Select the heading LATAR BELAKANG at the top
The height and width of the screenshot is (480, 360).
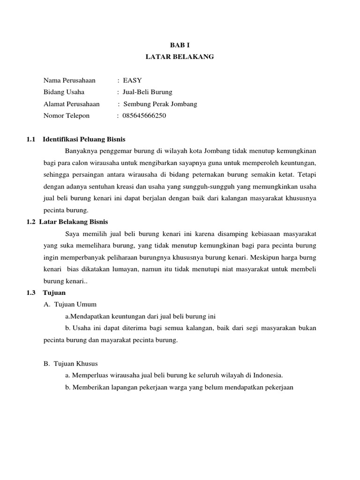pos(180,57)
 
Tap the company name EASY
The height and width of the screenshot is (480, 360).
pos(132,80)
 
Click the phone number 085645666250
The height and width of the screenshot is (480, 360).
pos(144,115)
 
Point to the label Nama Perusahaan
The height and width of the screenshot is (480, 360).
pos(69,80)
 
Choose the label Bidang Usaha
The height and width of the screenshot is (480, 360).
pos(64,92)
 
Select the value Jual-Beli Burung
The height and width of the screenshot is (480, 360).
pos(147,92)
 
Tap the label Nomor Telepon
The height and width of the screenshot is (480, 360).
pos(66,115)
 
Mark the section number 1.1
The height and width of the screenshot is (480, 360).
pos(31,139)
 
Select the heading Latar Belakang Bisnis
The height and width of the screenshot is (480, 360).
pos(74,222)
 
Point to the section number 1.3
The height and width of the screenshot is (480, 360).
pos(31,292)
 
